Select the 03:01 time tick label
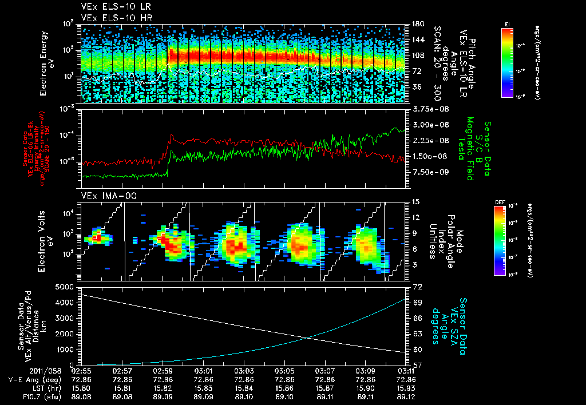pyautogui.click(x=204, y=371)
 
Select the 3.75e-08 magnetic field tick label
pyautogui.click(x=429, y=109)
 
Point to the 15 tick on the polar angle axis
pyautogui.click(x=416, y=201)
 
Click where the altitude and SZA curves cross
pyautogui.click(x=310, y=337)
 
